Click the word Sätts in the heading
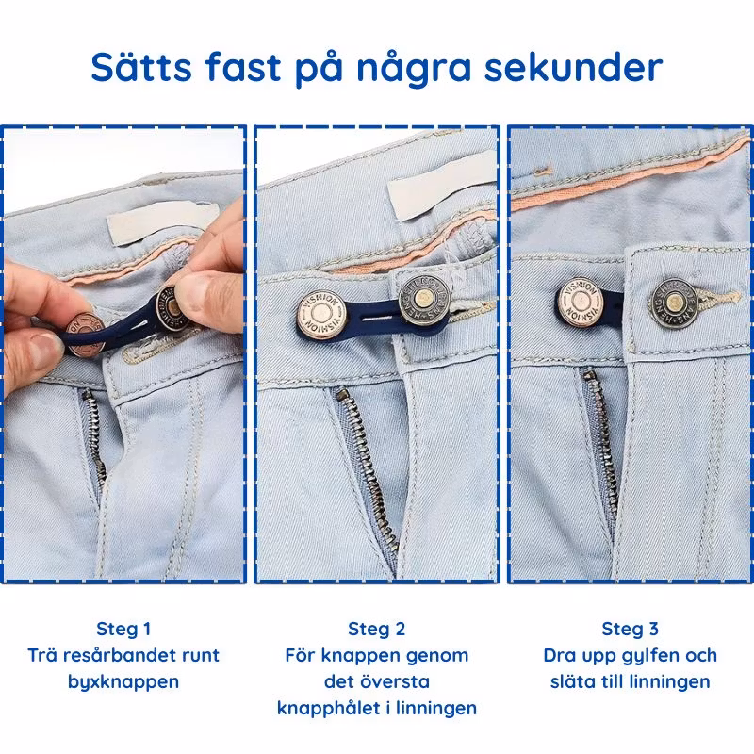tap(141, 67)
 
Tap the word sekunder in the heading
tap(573, 67)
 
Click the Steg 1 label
tap(123, 629)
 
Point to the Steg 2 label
tap(376, 629)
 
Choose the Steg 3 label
tap(630, 629)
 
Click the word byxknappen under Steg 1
tap(123, 682)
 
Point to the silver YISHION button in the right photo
tap(581, 303)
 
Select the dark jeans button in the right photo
tap(674, 303)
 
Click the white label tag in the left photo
tap(162, 222)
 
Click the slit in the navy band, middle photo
tap(379, 319)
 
